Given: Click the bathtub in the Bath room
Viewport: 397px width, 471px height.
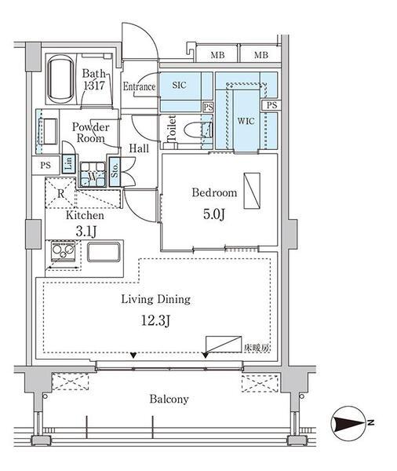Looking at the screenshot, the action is pyautogui.click(x=61, y=79).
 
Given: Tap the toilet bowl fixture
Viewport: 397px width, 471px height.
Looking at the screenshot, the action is pyautogui.click(x=195, y=131).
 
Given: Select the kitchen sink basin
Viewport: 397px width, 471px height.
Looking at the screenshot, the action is pyautogui.click(x=104, y=252).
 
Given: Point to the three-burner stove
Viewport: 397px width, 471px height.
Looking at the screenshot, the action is pyautogui.click(x=63, y=251).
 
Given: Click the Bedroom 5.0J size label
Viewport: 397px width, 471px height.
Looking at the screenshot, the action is pyautogui.click(x=214, y=214).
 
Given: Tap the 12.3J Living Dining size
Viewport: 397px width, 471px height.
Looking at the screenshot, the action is pyautogui.click(x=156, y=321).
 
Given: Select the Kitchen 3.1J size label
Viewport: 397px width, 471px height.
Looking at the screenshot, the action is pyautogui.click(x=86, y=232).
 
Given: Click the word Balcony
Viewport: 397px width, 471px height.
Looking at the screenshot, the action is pyautogui.click(x=169, y=400).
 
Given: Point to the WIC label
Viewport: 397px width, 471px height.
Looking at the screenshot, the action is pyautogui.click(x=246, y=121).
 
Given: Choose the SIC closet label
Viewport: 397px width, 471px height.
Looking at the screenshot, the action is pyautogui.click(x=180, y=85).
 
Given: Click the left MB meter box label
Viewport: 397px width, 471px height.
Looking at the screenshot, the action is pyautogui.click(x=217, y=55).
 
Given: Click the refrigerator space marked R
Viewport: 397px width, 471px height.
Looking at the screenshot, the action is pyautogui.click(x=60, y=193).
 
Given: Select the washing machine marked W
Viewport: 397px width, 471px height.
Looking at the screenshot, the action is pyautogui.click(x=93, y=175).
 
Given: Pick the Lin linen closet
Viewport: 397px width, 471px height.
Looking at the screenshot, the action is pyautogui.click(x=68, y=164).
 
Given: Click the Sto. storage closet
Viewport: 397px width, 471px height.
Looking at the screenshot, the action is pyautogui.click(x=115, y=172).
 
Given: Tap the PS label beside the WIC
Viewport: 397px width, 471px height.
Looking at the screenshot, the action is pyautogui.click(x=271, y=105).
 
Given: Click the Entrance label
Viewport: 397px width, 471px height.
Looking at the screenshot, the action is pyautogui.click(x=139, y=87).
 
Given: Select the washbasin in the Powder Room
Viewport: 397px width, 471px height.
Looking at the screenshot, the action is pyautogui.click(x=48, y=132).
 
